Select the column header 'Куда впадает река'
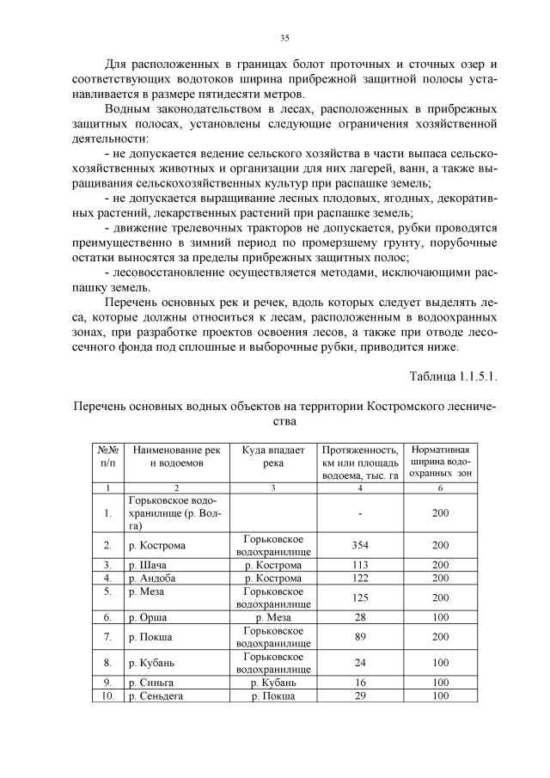tap(273, 456)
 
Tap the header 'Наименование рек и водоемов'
tap(176, 456)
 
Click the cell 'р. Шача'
tap(147, 565)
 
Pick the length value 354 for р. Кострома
tap(360, 545)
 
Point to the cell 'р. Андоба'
tap(153, 579)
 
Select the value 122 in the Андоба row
tap(360, 579)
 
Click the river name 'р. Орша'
tap(147, 617)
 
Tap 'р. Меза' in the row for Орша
tap(273, 617)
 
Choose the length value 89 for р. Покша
tap(360, 637)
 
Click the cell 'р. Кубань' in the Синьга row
tap(273, 682)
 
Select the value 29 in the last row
tap(360, 695)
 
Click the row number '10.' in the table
tap(107, 695)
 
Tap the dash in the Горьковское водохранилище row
tap(360, 513)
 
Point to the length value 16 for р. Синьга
tap(360, 682)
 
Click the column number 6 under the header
tap(440, 487)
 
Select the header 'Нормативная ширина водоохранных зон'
tap(440, 462)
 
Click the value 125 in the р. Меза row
tap(360, 597)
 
